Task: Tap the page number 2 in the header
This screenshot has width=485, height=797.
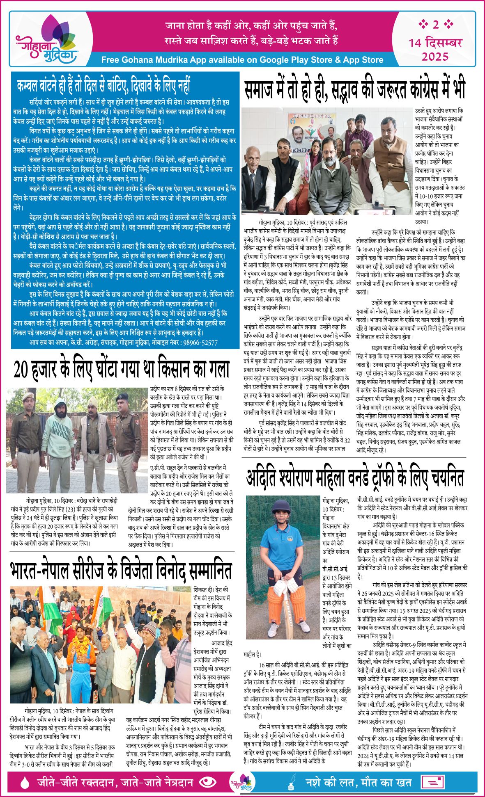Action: pos(435,25)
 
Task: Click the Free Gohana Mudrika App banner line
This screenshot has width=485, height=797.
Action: pos(242,60)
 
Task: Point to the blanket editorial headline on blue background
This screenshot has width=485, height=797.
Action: pos(103,85)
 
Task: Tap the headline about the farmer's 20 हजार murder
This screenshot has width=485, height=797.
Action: pos(122,369)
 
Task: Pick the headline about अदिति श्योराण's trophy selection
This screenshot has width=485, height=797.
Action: pos(355,477)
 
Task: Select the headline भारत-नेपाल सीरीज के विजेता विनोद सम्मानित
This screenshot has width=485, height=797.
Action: pos(122,570)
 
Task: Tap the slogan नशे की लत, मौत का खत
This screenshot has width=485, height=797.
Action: pos(358,782)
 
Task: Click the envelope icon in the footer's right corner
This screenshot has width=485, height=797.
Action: pos(434,783)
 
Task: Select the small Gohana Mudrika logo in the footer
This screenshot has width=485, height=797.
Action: pos(242,782)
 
